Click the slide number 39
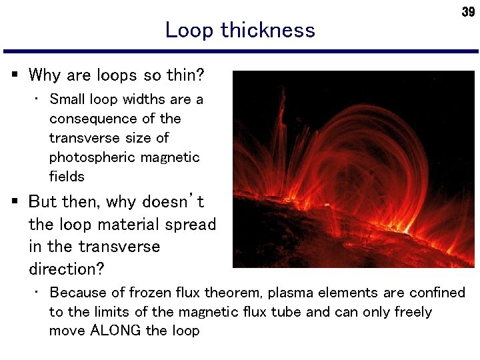tap(468, 13)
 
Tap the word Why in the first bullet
tap(45, 75)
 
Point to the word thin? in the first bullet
tap(186, 75)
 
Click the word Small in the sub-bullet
tap(67, 99)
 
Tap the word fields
tap(67, 177)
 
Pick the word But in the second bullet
tap(43, 201)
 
